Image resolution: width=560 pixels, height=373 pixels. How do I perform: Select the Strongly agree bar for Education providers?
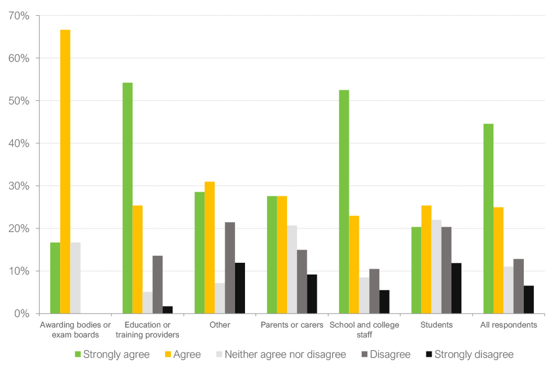pyautogui.click(x=127, y=198)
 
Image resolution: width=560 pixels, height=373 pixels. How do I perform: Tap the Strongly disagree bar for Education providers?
pyautogui.click(x=168, y=310)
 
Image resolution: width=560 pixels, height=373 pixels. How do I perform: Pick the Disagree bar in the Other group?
pyautogui.click(x=230, y=268)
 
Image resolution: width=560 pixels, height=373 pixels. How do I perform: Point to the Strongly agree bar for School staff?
pyautogui.click(x=344, y=202)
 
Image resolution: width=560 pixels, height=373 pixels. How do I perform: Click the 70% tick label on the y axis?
pyautogui.click(x=19, y=16)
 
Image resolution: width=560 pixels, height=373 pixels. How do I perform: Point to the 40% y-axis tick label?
pyautogui.click(x=19, y=143)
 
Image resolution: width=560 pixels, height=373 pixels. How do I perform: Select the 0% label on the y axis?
pyautogui.click(x=22, y=314)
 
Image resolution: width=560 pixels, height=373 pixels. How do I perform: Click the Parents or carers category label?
pyautogui.click(x=292, y=325)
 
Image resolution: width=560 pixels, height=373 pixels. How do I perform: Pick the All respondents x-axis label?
pyautogui.click(x=509, y=325)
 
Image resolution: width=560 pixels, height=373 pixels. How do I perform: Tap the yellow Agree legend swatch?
pyautogui.click(x=163, y=354)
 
